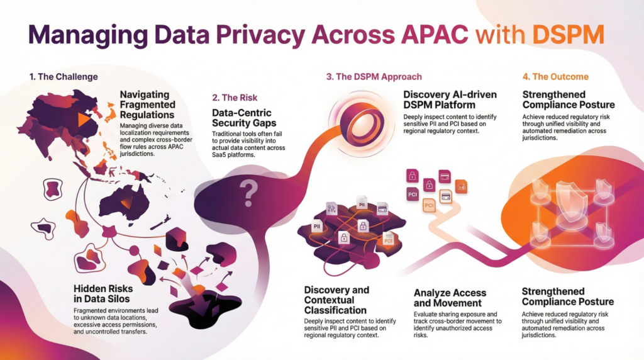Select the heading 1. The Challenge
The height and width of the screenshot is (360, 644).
click(63, 77)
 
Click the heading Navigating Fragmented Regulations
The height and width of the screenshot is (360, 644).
click(147, 104)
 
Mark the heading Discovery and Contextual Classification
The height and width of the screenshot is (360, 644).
click(336, 300)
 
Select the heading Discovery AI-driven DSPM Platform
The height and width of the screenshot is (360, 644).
click(450, 99)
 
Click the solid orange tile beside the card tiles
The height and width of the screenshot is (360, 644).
click(461, 186)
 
